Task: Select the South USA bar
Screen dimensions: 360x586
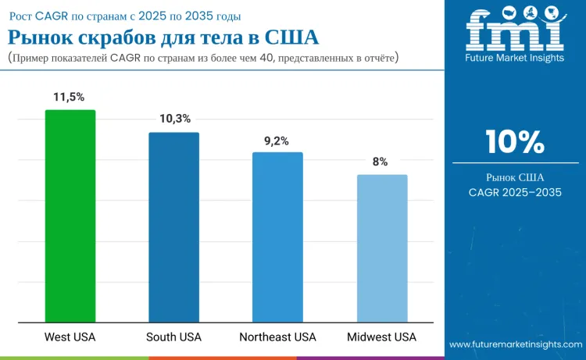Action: (x=173, y=226)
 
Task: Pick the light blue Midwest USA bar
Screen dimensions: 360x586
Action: (x=382, y=248)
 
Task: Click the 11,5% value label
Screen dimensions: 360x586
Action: (x=70, y=96)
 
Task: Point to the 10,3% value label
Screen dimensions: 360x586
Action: (x=174, y=119)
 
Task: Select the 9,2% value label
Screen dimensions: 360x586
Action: (x=277, y=141)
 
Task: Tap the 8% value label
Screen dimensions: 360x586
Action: (x=381, y=162)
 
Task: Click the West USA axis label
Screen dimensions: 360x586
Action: (x=70, y=337)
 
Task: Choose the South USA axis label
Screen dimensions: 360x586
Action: (x=173, y=337)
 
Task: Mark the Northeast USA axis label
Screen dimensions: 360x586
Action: (x=277, y=337)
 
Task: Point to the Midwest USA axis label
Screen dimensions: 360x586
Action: (x=382, y=337)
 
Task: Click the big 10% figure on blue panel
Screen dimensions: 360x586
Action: (x=514, y=142)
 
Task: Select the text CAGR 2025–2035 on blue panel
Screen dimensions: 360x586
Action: (x=515, y=192)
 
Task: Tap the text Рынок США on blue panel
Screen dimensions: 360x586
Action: (x=515, y=176)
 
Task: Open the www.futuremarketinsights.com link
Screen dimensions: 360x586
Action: (x=514, y=344)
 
